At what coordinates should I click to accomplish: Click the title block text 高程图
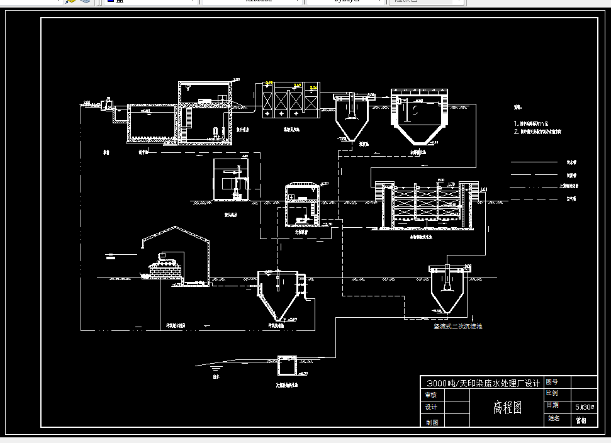(x=507, y=407)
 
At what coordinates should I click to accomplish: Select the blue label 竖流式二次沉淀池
(x=457, y=327)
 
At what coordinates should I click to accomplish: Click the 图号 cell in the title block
(x=552, y=382)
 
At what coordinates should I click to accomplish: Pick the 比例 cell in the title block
(x=552, y=393)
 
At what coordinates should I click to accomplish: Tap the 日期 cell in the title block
(x=552, y=405)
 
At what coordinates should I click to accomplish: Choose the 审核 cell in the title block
(x=431, y=395)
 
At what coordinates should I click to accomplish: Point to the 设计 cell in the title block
(x=431, y=407)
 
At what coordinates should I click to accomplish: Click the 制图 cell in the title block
(x=431, y=422)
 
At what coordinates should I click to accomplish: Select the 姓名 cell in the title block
(x=553, y=418)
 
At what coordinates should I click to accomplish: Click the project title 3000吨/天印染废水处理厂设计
(x=481, y=383)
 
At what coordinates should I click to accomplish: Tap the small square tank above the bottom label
(x=288, y=365)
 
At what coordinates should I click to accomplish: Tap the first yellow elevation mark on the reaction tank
(x=269, y=84)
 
